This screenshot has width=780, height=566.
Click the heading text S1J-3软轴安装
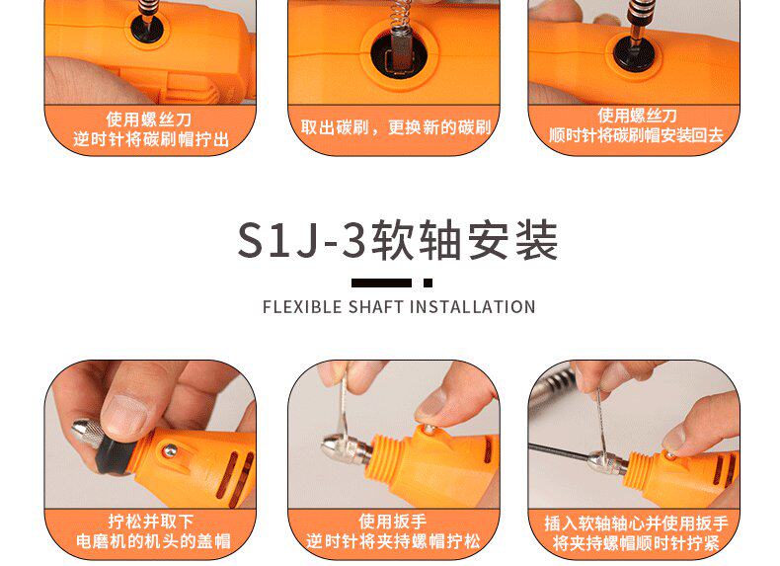tap(398, 241)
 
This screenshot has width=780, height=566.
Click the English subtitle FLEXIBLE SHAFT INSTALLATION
tap(399, 306)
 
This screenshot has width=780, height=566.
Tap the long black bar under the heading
tap(381, 283)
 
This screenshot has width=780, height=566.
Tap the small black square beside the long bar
tap(428, 283)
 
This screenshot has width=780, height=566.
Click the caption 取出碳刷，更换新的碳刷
tap(396, 127)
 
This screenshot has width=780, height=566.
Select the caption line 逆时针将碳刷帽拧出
tap(151, 139)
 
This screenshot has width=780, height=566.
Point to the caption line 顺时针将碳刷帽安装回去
tap(636, 135)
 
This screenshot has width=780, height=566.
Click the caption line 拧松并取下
tap(151, 522)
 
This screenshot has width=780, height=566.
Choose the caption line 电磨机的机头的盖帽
tap(153, 541)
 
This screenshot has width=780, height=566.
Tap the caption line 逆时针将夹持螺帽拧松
tap(393, 540)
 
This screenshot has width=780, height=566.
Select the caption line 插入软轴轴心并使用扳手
tap(636, 524)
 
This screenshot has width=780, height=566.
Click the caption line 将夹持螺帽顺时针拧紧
tap(636, 542)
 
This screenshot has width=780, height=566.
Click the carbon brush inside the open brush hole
tap(399, 48)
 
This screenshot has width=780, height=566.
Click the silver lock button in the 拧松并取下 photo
tap(170, 451)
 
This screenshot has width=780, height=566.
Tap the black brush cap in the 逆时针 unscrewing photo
tap(147, 28)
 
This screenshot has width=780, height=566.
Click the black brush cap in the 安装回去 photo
tap(633, 51)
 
